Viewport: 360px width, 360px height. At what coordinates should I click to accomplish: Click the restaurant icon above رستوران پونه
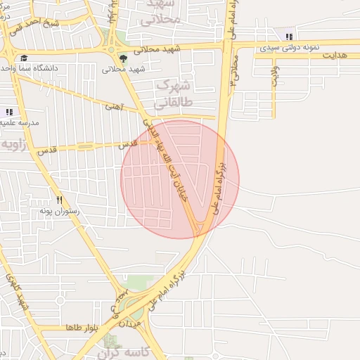click(x=59, y=200)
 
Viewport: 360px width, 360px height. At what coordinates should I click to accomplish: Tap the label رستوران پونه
click(x=59, y=211)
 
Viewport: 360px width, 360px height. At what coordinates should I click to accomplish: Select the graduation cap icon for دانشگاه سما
click(x=24, y=58)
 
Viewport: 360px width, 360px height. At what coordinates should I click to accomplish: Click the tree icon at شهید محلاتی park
click(x=123, y=58)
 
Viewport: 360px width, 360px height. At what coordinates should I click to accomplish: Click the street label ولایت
click(x=274, y=77)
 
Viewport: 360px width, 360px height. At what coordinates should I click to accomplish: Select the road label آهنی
click(x=113, y=107)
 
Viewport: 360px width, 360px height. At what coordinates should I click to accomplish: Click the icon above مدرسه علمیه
click(x=9, y=112)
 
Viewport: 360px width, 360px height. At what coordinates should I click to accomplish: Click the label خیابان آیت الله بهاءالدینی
click(x=166, y=159)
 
